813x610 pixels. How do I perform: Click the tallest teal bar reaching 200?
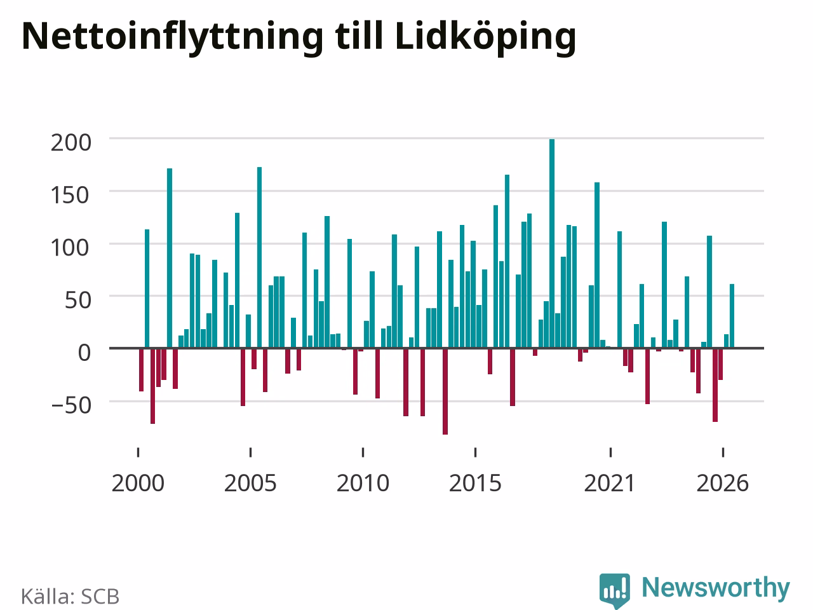pyautogui.click(x=551, y=243)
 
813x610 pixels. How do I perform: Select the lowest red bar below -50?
pyautogui.click(x=445, y=391)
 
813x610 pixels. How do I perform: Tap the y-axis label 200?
pyautogui.click(x=71, y=142)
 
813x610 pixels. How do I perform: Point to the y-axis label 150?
pyautogui.click(x=71, y=195)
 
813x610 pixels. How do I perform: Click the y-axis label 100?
pyautogui.click(x=71, y=248)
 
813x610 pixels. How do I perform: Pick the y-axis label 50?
pyautogui.click(x=77, y=300)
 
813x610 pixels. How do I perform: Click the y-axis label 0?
pyautogui.click(x=84, y=353)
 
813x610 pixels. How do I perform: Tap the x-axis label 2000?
pyautogui.click(x=138, y=484)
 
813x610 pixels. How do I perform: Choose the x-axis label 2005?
pyautogui.click(x=250, y=484)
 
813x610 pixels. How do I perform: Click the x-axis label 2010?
pyautogui.click(x=363, y=484)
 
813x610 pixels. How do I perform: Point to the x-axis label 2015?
pyautogui.click(x=475, y=484)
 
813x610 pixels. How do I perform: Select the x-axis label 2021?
pyautogui.click(x=610, y=484)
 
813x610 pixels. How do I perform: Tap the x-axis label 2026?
pyautogui.click(x=723, y=484)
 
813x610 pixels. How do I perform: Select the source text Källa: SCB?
pyautogui.click(x=70, y=596)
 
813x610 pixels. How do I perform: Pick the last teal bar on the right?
pyautogui.click(x=732, y=316)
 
